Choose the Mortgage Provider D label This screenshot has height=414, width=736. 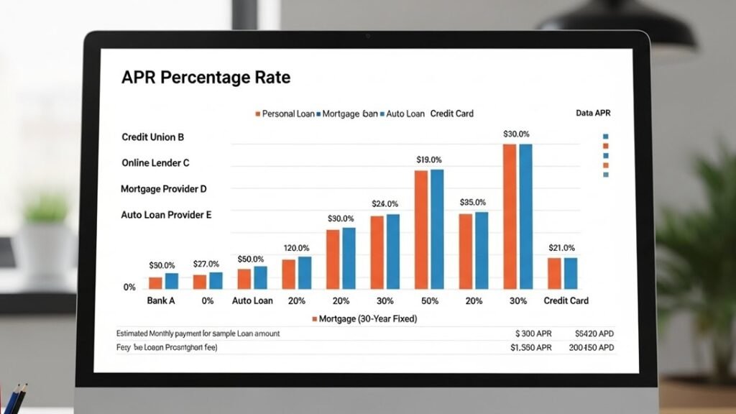(x=164, y=189)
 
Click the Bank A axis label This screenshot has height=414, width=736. (x=161, y=300)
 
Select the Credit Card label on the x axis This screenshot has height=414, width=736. (x=566, y=300)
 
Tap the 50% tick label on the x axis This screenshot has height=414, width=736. (x=429, y=300)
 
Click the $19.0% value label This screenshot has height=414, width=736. (x=429, y=160)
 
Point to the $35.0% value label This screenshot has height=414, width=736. (x=473, y=203)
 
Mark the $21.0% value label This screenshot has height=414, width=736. (x=561, y=248)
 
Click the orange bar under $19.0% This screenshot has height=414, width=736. (x=421, y=229)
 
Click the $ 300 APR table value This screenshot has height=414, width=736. (x=533, y=334)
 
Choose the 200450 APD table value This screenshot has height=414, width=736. (x=591, y=348)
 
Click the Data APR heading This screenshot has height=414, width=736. (x=593, y=114)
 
